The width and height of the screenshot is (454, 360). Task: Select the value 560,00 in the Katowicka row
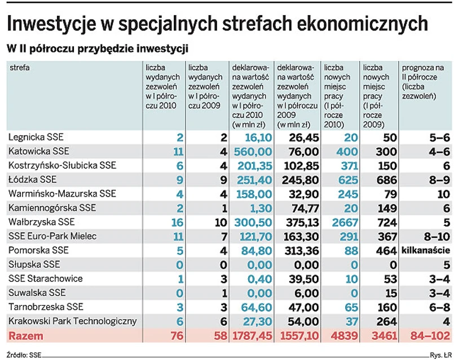coord(250,152)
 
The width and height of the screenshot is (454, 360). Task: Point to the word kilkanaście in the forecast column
coord(425,251)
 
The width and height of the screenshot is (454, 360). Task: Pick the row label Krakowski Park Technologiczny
coord(73,321)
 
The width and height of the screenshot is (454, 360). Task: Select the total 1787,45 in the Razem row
coord(251,336)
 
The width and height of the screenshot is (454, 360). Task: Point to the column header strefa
coord(19,68)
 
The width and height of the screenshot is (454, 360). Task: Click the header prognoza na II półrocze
coord(422,82)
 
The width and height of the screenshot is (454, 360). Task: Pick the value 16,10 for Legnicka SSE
coord(254,137)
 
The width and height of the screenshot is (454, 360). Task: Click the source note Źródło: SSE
coord(24,355)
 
